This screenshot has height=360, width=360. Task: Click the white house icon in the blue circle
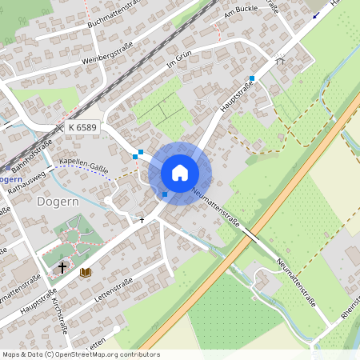click(x=180, y=172)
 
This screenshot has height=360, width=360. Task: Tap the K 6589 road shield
click(x=82, y=127)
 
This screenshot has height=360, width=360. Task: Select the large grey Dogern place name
click(x=58, y=202)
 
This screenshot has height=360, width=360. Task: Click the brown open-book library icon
click(x=85, y=273)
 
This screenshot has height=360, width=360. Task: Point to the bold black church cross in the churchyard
click(x=63, y=267)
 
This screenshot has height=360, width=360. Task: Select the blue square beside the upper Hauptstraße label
click(x=251, y=78)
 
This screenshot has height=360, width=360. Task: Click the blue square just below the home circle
click(x=165, y=194)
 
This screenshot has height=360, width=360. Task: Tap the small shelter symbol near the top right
click(x=280, y=58)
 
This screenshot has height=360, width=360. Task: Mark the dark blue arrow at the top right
click(x=316, y=14)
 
